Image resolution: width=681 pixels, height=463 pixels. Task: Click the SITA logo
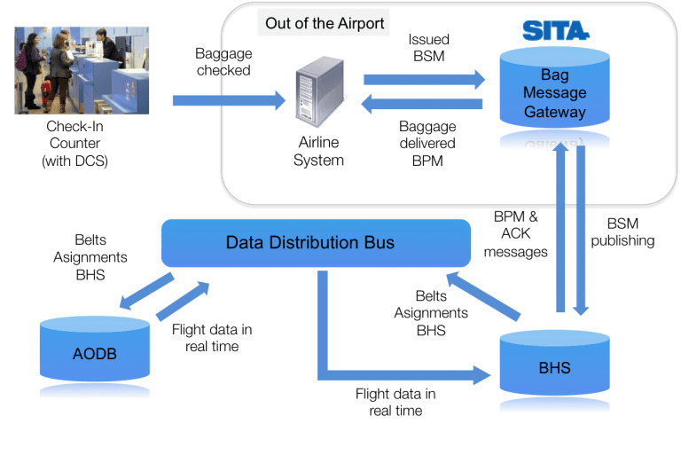click(x=555, y=31)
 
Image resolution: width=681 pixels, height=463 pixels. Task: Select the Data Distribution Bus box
click(x=316, y=242)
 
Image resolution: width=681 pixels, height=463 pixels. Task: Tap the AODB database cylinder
click(x=93, y=355)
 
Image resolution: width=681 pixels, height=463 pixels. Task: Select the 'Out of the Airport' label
click(x=325, y=23)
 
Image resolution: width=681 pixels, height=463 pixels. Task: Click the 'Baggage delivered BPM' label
click(x=427, y=144)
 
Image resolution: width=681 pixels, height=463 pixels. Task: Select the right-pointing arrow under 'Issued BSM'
click(x=424, y=79)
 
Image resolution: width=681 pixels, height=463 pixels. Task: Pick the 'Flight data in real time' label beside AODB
click(x=212, y=338)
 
